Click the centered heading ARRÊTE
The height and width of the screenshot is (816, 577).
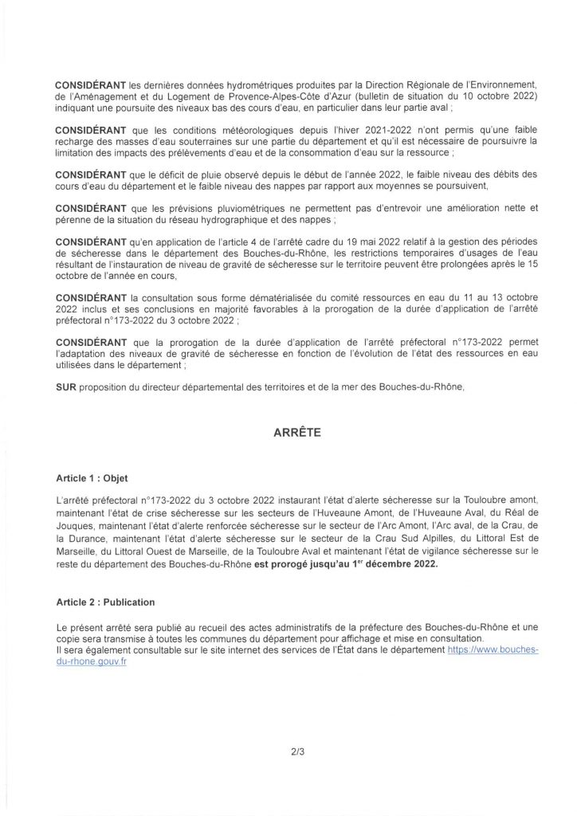(288, 435)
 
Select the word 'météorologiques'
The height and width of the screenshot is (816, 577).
(182, 130)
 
